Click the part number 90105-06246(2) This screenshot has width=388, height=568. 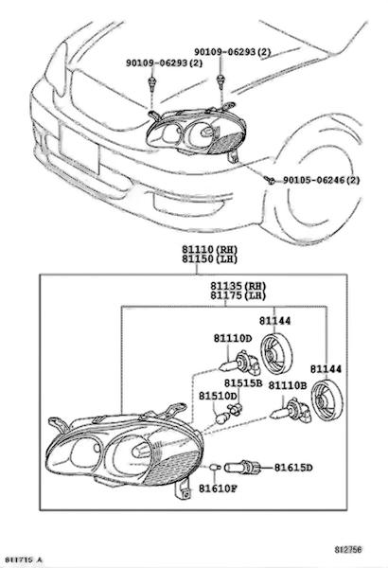click(x=322, y=180)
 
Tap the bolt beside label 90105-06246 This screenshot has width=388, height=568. click(x=270, y=179)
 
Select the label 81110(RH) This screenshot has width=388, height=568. click(x=209, y=249)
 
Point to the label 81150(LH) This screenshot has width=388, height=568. click(x=209, y=259)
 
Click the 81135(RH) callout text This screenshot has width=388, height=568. click(x=238, y=286)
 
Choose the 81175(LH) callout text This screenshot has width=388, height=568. click(x=238, y=295)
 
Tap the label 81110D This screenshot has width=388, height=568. click(x=232, y=338)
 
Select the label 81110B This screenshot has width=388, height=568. click(x=288, y=386)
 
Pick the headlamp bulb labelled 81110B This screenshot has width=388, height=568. click(x=291, y=411)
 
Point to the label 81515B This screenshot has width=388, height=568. click(x=242, y=383)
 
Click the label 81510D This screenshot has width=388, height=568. click(x=218, y=396)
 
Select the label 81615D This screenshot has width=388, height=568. click(x=292, y=468)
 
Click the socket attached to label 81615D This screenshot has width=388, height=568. click(x=242, y=468)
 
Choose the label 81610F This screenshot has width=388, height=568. click(x=218, y=488)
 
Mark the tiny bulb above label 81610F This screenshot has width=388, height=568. click(x=215, y=468)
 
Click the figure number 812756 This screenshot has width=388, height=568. click(x=348, y=550)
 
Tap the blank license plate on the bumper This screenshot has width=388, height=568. click(x=79, y=149)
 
